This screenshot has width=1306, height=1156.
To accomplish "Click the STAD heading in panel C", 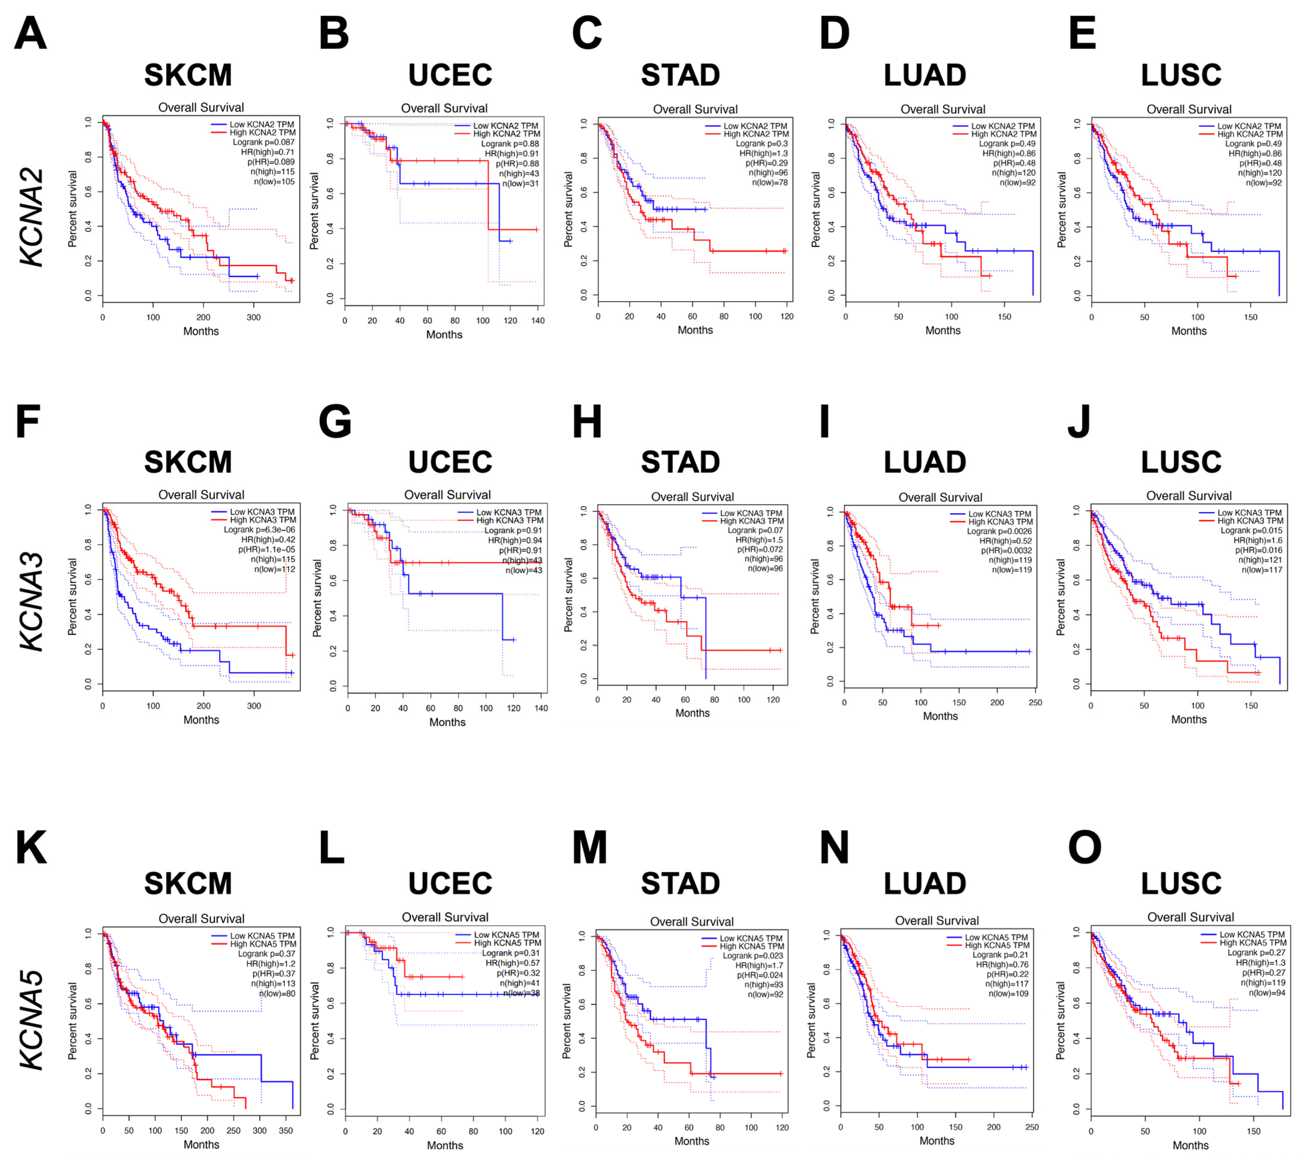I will [x=680, y=76].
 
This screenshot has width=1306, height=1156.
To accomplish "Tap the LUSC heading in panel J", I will [x=1181, y=462].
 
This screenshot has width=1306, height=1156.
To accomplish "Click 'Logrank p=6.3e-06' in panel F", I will [x=259, y=530].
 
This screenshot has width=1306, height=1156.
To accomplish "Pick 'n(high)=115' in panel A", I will [x=272, y=172].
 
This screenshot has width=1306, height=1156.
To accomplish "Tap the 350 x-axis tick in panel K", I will [x=286, y=1130].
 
